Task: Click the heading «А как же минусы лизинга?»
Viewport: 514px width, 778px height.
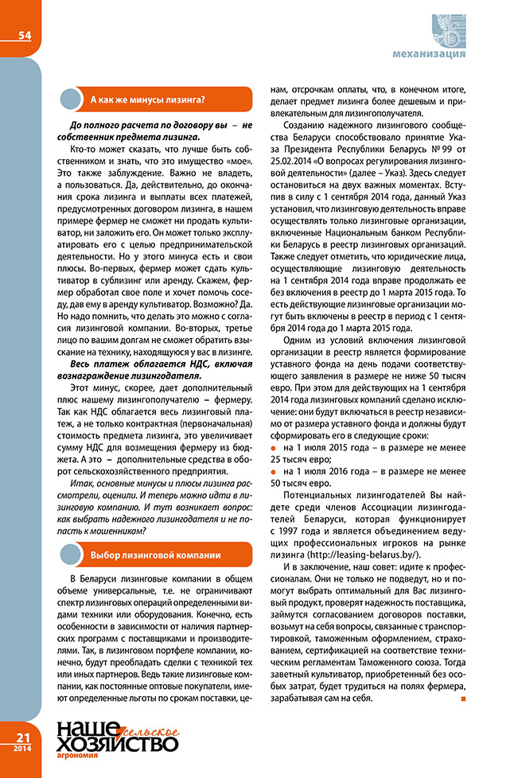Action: [x=148, y=99]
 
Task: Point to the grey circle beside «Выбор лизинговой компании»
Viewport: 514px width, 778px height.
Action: [x=72, y=532]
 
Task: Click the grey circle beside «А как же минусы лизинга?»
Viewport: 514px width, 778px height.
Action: [x=72, y=99]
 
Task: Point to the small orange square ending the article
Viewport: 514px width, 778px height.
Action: [x=462, y=700]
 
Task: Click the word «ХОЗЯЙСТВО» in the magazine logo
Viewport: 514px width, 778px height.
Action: [x=116, y=745]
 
